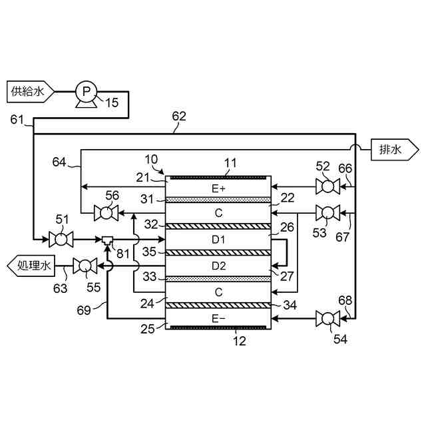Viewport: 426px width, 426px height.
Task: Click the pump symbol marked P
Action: click(x=86, y=94)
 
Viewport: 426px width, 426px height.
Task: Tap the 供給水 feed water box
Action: click(x=31, y=92)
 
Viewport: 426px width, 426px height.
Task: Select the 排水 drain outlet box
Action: click(x=395, y=150)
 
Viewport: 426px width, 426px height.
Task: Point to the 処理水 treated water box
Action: click(x=31, y=266)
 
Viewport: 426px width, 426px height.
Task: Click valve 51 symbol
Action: click(x=61, y=240)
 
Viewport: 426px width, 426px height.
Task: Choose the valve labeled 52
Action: click(x=327, y=186)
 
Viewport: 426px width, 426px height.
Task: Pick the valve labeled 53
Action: click(x=327, y=213)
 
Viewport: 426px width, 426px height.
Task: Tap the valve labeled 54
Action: click(x=327, y=319)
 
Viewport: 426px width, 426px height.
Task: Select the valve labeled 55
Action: click(x=85, y=266)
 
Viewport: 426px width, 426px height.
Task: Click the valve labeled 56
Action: click(x=106, y=213)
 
